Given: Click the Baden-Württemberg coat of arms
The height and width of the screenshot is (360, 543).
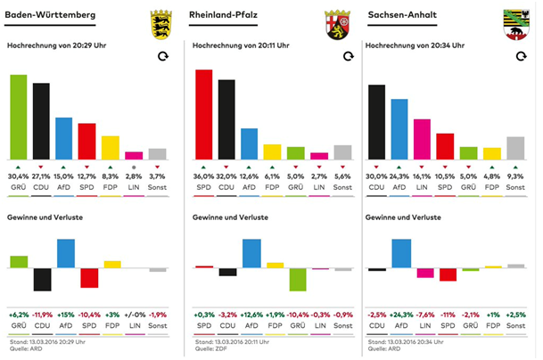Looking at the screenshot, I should (160, 20).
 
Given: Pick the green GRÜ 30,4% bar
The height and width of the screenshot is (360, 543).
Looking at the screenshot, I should (18, 117).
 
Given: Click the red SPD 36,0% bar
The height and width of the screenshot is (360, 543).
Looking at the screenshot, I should (203, 114).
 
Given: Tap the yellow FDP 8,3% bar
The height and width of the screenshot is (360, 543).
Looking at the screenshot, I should (111, 147).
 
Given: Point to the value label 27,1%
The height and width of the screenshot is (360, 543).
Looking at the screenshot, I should (41, 176).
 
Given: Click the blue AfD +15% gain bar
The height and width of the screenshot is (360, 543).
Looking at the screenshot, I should (64, 253).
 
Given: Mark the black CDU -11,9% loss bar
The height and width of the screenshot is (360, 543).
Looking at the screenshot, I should (41, 279).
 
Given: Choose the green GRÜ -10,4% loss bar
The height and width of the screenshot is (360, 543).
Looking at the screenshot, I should (298, 279).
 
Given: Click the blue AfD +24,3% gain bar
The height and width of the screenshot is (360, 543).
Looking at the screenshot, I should (399, 253).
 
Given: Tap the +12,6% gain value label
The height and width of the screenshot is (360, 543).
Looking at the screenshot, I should (251, 315).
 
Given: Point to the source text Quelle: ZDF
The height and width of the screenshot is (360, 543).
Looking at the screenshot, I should (211, 348).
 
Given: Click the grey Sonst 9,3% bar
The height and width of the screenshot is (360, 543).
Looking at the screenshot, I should (515, 148).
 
